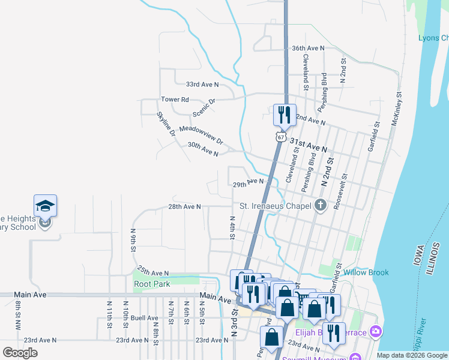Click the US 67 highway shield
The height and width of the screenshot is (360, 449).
tap(280, 137)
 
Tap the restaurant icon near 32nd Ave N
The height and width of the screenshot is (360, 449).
tap(284, 114)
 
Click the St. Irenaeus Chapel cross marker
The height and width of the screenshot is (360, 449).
tap(321, 206)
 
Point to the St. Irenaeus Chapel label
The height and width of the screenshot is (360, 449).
tap(275, 206)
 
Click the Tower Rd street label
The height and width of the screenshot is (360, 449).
tap(175, 100)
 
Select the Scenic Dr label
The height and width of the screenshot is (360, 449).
tap(204, 108)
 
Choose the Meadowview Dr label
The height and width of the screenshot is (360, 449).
tap(201, 135)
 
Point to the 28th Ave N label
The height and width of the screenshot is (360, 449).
tap(184, 206)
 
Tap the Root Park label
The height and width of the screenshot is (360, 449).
tap(152, 284)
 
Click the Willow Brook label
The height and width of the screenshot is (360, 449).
tap(366, 272)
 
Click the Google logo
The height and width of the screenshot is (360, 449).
tap(20, 353)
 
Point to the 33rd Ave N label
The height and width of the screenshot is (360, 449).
tap(202, 85)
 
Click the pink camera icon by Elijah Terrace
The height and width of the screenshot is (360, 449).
tap(376, 331)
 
